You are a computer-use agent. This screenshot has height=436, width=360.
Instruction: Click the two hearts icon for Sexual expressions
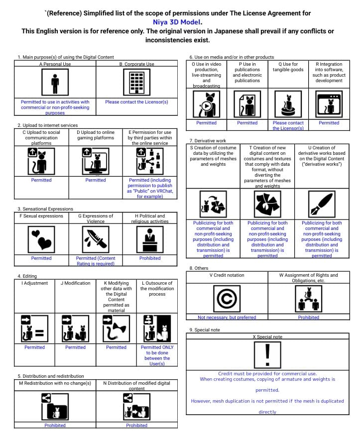pyautogui.click(x=41, y=239)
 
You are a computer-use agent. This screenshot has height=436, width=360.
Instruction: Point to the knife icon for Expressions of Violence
pyautogui.click(x=96, y=239)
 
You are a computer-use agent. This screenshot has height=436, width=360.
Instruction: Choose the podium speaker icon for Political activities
pyautogui.click(x=150, y=239)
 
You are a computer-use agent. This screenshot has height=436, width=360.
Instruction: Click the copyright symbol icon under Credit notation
pyautogui.click(x=227, y=299)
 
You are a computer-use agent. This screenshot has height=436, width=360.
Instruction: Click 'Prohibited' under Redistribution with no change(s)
pyautogui.click(x=55, y=426)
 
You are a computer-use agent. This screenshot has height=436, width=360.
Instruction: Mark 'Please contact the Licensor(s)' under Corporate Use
pyautogui.click(x=136, y=102)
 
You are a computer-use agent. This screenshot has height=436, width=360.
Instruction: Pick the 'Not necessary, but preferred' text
pyautogui.click(x=227, y=317)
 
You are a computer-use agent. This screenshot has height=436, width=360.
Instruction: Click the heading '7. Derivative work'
pyautogui.click(x=208, y=141)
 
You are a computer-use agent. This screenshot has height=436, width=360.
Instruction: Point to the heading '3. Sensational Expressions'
pyautogui.click(x=45, y=209)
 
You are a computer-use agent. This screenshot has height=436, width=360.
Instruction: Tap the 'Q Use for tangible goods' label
pyautogui.click(x=288, y=67)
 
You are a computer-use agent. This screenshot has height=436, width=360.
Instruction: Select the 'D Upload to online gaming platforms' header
pyautogui.click(x=96, y=135)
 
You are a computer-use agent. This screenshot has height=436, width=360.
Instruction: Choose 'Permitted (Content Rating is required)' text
pyautogui.click(x=96, y=261)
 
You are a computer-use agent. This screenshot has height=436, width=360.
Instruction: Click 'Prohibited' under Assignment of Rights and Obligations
pyautogui.click(x=309, y=317)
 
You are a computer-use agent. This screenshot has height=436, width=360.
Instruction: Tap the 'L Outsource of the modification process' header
pyautogui.click(x=157, y=289)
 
